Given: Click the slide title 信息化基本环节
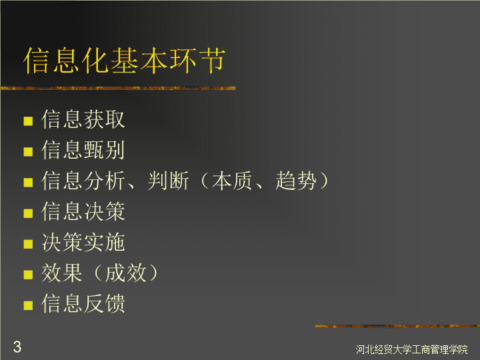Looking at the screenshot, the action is (x=124, y=60).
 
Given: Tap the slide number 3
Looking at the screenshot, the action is (x=17, y=347).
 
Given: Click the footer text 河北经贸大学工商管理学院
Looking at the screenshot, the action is (x=412, y=349).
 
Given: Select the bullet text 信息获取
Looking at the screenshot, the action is (x=83, y=119).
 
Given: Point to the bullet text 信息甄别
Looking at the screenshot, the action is (x=83, y=150).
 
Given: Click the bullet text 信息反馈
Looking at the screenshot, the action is (x=83, y=303).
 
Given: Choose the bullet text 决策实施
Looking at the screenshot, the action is (x=83, y=242).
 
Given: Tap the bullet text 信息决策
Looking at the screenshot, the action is (x=83, y=211).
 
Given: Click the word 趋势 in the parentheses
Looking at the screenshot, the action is (x=296, y=181).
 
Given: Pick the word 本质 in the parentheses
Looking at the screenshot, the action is (x=232, y=181).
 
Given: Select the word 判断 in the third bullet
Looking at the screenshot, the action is (x=168, y=181).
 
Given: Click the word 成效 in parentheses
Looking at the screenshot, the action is (x=125, y=273).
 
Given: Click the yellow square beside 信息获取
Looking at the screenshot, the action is (x=28, y=121).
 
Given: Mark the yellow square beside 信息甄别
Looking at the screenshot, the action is (x=28, y=152).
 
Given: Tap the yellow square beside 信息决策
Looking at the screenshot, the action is (x=28, y=213).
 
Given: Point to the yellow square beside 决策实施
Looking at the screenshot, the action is (x=28, y=244).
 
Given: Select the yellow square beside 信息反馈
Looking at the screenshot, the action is (x=28, y=305).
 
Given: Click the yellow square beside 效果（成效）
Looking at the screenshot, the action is (x=28, y=275).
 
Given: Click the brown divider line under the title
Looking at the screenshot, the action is (x=118, y=89).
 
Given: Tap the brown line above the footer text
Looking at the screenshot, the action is (x=397, y=326).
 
